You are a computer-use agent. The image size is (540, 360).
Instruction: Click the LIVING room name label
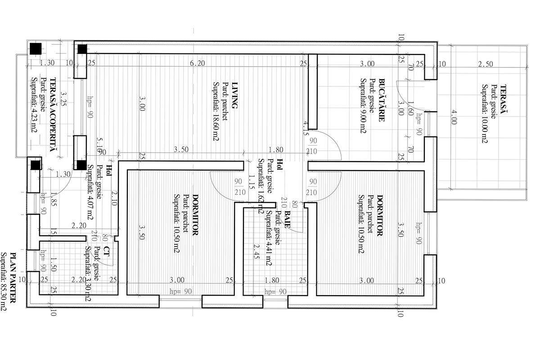coord(233,95)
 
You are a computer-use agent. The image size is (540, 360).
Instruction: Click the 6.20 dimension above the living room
coord(197,64)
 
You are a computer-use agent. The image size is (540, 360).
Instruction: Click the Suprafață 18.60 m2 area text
coord(216,111)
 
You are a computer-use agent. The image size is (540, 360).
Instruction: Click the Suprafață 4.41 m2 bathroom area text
coord(269,238)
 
